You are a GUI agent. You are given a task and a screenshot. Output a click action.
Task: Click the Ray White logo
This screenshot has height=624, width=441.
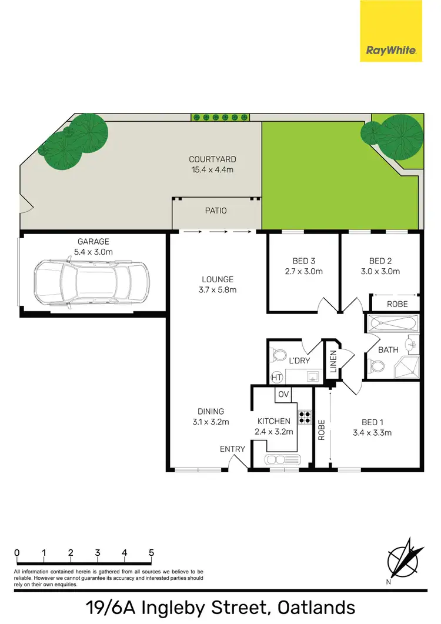tap(391, 31)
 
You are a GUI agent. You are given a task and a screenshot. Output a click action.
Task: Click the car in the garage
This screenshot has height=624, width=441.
tap(91, 284)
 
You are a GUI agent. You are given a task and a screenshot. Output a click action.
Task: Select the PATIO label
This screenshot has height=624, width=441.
tap(216, 211)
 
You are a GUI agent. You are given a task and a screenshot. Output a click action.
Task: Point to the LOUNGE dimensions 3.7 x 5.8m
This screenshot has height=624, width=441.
tap(218, 289)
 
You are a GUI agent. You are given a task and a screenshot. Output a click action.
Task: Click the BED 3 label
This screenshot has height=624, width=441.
tap(304, 261)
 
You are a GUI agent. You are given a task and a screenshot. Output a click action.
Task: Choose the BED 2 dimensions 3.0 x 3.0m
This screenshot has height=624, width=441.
tap(380, 272)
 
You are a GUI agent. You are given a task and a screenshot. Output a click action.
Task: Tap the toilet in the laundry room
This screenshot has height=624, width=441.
tap(278, 356)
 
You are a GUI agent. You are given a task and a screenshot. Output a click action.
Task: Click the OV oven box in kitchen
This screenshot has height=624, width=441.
tap(283, 394)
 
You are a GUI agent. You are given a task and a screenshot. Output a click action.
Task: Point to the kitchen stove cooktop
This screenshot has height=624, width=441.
tap(305, 417)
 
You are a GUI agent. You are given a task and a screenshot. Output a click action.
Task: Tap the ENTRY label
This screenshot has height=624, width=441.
tap(232, 449)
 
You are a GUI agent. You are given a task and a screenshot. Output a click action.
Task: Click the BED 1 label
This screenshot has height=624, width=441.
tap(373, 422)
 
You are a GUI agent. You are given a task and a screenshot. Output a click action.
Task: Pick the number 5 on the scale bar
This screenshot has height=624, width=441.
tap(151, 553)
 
